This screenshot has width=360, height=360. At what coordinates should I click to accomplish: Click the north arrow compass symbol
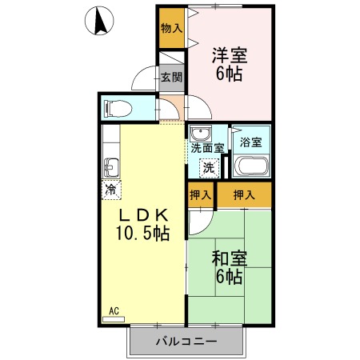[99, 21]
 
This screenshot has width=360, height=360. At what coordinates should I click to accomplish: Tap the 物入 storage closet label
[172, 28]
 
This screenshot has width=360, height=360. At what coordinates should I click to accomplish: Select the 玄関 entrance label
[171, 78]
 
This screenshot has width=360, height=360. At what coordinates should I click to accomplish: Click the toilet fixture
[118, 109]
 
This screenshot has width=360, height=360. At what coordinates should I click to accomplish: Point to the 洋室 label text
[230, 55]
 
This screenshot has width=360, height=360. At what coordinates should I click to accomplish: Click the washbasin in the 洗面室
[201, 134]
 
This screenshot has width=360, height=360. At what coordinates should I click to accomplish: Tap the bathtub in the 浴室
[251, 166]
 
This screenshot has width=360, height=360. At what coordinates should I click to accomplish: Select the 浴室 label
[250, 142]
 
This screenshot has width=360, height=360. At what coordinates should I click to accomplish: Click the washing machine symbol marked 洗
[209, 168]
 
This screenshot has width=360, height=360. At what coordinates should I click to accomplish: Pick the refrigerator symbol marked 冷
[111, 190]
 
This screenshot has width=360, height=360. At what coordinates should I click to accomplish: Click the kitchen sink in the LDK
[111, 167]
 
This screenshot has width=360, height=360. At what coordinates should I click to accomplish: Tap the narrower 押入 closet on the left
[201, 195]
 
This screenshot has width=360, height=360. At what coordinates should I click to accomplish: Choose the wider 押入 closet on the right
[244, 195]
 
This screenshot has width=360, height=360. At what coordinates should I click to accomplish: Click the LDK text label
[143, 215]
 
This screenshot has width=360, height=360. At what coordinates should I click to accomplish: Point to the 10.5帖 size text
[142, 233]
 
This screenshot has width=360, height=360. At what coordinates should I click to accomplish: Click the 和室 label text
[230, 258]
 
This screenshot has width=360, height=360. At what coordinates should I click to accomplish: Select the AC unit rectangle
[114, 319]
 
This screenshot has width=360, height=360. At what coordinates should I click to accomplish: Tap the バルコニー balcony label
[186, 342]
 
